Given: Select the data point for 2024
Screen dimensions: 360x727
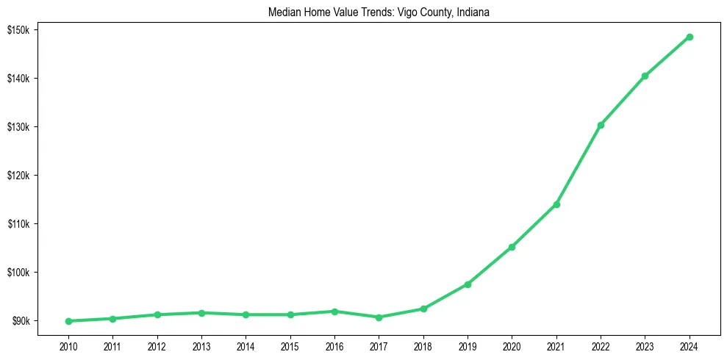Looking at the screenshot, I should click(690, 37).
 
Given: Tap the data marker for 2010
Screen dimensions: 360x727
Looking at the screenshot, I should click(68, 321).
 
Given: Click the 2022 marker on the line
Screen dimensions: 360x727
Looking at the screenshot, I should click(601, 125).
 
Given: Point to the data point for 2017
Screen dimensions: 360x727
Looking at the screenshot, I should click(379, 317).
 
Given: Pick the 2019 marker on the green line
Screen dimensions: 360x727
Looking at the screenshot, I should click(468, 284).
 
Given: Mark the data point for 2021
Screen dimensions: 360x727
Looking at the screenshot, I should click(556, 204).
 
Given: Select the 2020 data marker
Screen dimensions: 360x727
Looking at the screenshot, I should click(512, 247).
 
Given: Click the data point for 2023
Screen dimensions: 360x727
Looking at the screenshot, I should click(645, 76).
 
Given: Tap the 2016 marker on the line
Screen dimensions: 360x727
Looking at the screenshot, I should click(334, 312).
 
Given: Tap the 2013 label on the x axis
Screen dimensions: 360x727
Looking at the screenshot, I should click(201, 346).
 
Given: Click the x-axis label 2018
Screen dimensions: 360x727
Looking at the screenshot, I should click(423, 346).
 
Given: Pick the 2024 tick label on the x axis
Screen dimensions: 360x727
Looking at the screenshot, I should click(690, 346).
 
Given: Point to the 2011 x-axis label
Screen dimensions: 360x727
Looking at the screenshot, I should click(112, 346).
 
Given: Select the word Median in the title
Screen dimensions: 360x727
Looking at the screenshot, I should click(286, 12).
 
